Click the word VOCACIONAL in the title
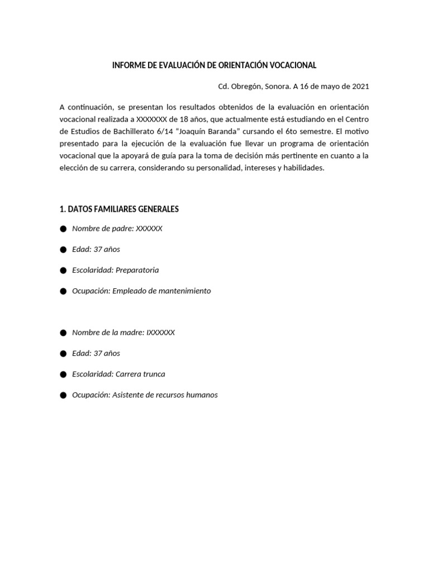coord(293,65)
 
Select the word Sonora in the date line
coord(270,87)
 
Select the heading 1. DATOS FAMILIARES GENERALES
coord(119,209)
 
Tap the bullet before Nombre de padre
coord(63,228)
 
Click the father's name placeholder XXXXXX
coord(149,228)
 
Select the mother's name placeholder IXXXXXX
coord(161,332)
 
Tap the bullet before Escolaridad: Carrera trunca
coord(63,374)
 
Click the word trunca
coord(154,374)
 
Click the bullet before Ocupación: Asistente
coord(63,395)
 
